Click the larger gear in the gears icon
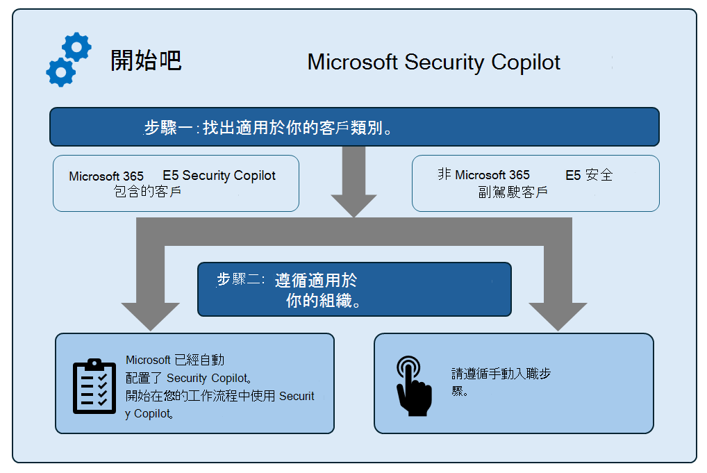60,72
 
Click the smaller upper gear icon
76,47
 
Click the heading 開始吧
146,61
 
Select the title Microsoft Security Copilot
433,63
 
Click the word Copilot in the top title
526,63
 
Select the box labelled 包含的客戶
176,183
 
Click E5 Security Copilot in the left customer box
219,176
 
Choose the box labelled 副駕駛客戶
535,183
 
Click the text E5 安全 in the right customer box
589,175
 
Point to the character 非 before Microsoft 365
444,174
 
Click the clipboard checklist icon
94,386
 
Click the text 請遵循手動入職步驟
501,381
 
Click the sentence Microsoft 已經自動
175,360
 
